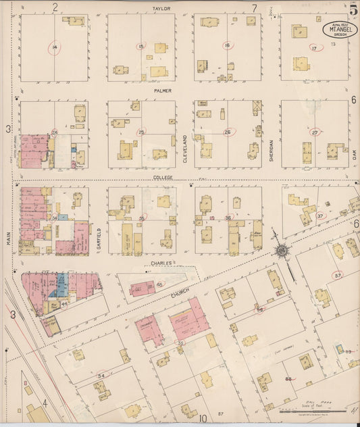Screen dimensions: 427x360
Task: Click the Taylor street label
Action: tap(161, 8)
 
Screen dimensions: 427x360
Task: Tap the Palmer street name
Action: tap(162, 91)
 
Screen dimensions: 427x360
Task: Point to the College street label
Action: tap(162, 177)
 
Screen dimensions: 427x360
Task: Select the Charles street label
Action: tap(162, 263)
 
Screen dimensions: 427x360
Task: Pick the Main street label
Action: tap(10, 241)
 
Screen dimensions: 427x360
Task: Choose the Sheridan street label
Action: tap(272, 150)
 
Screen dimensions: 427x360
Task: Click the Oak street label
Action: tap(353, 154)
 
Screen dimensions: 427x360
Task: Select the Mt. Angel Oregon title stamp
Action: tap(335, 30)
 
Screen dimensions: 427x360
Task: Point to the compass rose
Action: tap(280, 251)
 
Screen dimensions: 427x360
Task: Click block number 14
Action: tap(54, 47)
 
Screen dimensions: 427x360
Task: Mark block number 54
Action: tap(102, 375)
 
